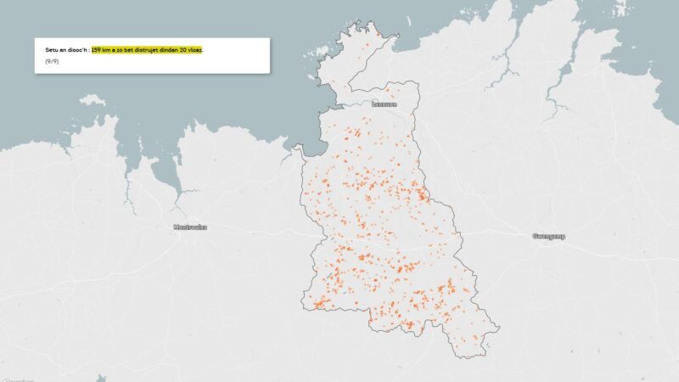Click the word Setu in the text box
tap(51, 50)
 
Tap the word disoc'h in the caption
tap(76, 50)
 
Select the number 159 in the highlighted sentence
tap(97, 50)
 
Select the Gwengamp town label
tap(548, 235)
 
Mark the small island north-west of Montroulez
tap(93, 100)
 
